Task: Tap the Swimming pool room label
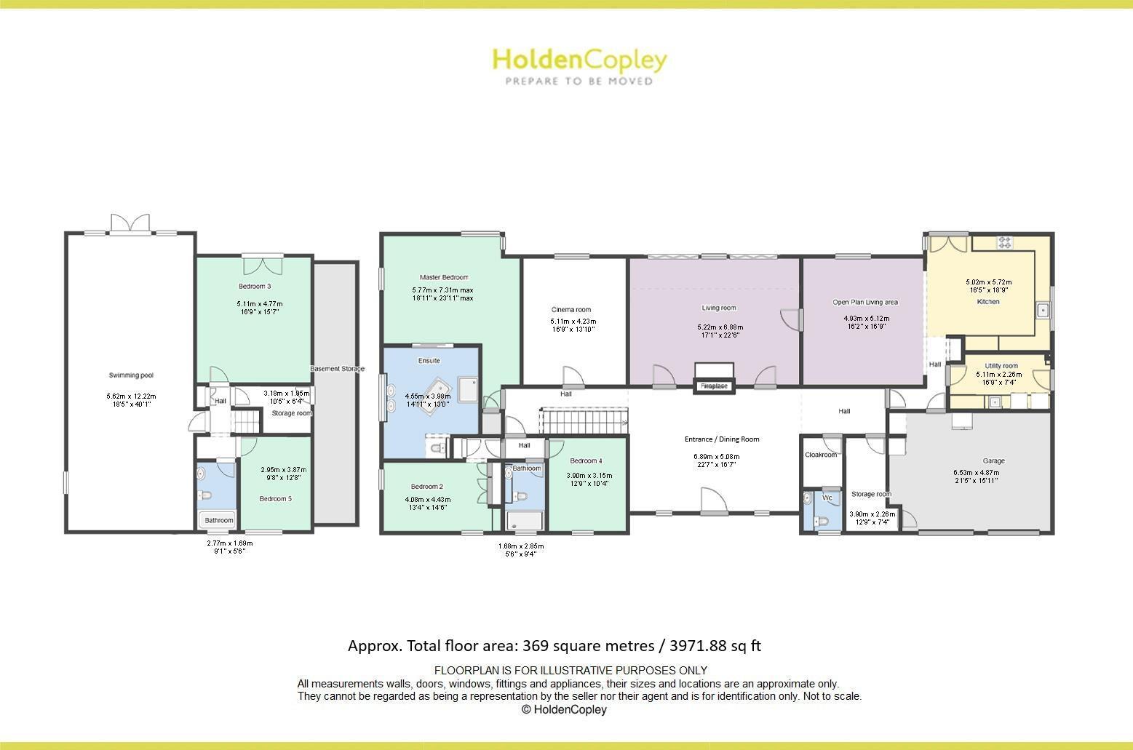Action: (131, 375)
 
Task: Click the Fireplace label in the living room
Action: (714, 386)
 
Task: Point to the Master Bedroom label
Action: (443, 277)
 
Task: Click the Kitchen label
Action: (987, 301)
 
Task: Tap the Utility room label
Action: (1001, 366)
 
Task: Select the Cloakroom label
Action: (821, 455)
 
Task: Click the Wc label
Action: (827, 498)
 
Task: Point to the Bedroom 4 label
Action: (586, 460)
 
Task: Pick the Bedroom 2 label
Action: (426, 487)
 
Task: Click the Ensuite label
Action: (429, 361)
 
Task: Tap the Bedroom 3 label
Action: (255, 286)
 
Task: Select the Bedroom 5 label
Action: (276, 498)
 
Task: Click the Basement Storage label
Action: (335, 369)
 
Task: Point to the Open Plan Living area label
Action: (865, 302)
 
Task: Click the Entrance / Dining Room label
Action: (721, 439)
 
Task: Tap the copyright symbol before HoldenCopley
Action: (526, 710)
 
